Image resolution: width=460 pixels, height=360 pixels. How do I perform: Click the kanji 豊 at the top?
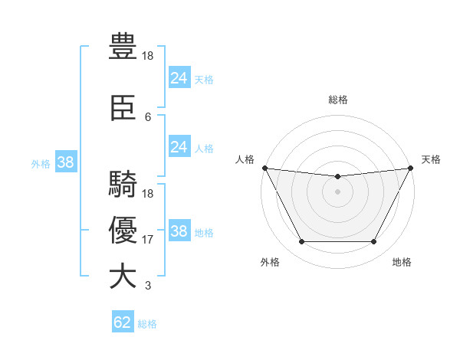coord(123,48)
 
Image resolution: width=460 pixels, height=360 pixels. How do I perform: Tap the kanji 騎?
coord(123,186)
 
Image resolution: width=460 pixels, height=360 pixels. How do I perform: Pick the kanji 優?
coord(123,231)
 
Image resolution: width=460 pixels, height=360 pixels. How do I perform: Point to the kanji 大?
coord(123,277)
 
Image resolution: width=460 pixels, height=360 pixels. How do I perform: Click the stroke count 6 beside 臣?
coord(148,117)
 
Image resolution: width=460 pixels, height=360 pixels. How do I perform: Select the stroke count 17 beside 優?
coord(148,240)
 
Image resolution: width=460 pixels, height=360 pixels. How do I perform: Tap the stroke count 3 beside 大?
coord(148,286)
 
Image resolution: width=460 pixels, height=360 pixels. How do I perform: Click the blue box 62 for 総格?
coord(123,322)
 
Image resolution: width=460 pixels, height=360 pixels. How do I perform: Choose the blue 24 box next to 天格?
coord(179,78)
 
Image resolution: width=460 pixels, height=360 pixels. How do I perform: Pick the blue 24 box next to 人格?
coord(179,147)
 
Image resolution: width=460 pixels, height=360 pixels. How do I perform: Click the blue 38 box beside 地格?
coord(179,231)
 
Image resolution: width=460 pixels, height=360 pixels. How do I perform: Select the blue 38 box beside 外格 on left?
coord(65,162)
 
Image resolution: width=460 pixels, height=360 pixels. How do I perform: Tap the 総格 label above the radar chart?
coord(338,100)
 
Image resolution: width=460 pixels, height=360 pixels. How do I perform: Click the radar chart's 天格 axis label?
coord(432,159)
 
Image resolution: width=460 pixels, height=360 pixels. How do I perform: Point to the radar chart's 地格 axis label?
coord(402,262)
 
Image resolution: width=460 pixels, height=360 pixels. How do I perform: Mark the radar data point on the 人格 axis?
coord(264,168)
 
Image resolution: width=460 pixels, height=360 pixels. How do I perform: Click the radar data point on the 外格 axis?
coord(301,242)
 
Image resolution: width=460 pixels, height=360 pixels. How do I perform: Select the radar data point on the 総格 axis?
coord(337,177)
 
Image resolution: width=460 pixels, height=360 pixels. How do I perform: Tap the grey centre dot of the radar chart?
coord(337,191)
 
